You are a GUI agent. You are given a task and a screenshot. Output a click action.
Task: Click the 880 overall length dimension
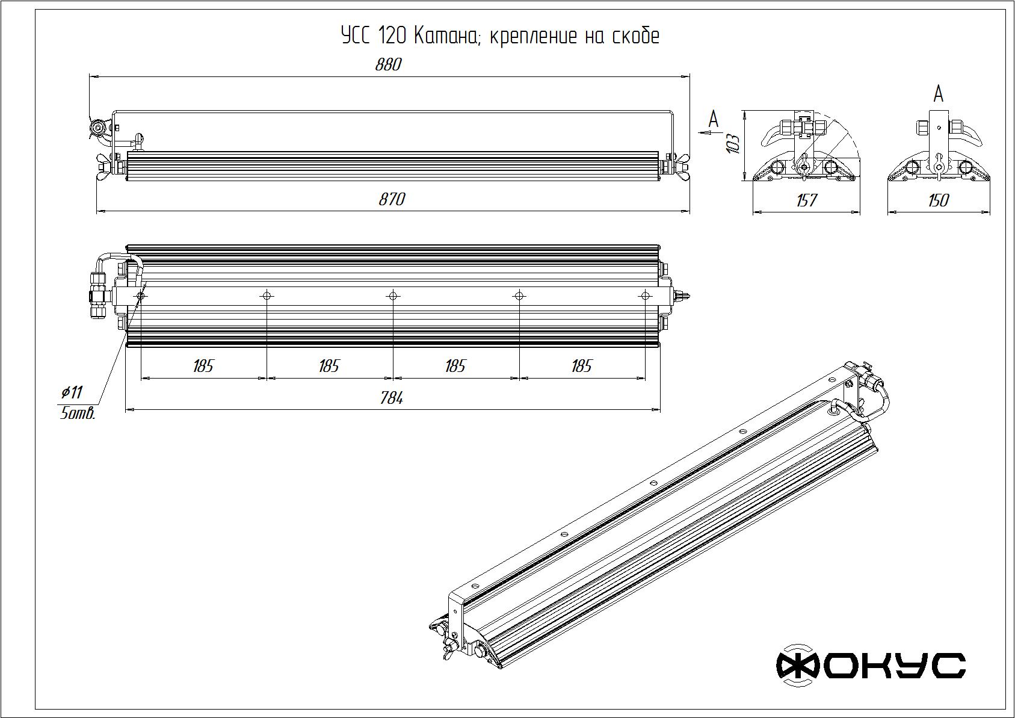(x=388, y=65)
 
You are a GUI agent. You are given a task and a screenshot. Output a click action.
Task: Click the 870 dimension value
(x=392, y=199)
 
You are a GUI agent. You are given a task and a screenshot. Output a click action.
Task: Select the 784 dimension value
(x=392, y=398)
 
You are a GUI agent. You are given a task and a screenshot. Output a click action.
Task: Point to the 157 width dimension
(x=807, y=200)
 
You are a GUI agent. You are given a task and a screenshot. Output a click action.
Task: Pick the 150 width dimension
(x=938, y=200)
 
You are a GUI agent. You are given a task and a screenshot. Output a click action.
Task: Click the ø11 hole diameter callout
(x=72, y=392)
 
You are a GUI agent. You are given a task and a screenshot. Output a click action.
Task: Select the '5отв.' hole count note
(x=78, y=413)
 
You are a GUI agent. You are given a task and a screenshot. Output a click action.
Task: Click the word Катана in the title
(x=446, y=36)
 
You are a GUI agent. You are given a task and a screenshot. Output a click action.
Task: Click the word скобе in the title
(x=635, y=36)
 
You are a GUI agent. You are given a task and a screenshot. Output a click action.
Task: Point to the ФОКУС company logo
(x=871, y=666)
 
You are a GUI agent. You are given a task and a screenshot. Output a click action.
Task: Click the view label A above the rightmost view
(x=939, y=94)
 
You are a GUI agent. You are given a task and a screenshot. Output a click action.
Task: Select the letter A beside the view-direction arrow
(x=714, y=119)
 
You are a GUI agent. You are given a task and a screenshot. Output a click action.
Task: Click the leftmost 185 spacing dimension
(x=203, y=366)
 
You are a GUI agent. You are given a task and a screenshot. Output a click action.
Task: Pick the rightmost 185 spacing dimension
(x=582, y=366)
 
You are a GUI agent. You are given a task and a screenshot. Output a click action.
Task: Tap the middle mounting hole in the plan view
(x=393, y=296)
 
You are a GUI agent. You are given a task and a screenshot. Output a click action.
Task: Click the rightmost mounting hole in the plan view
(x=645, y=296)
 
